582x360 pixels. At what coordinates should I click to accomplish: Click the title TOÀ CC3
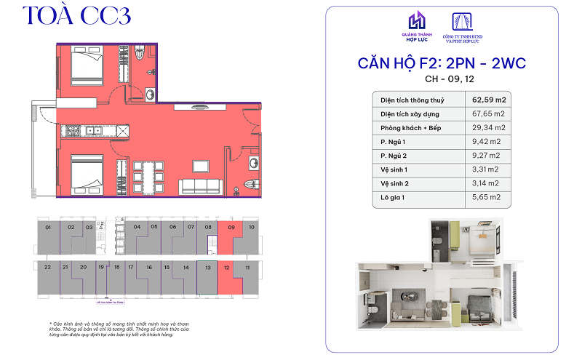(76, 17)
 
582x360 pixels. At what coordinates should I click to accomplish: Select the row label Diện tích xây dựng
(410, 113)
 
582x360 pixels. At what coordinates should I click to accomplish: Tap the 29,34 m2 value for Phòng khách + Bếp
(488, 127)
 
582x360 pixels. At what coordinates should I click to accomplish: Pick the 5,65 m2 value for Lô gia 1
(487, 197)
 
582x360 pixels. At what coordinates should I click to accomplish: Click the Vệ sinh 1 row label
(397, 169)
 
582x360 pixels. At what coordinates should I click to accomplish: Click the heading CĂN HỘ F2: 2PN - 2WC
(442, 63)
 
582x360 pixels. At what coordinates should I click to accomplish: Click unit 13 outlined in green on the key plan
(207, 277)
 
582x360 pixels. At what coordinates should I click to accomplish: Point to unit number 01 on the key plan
(48, 228)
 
